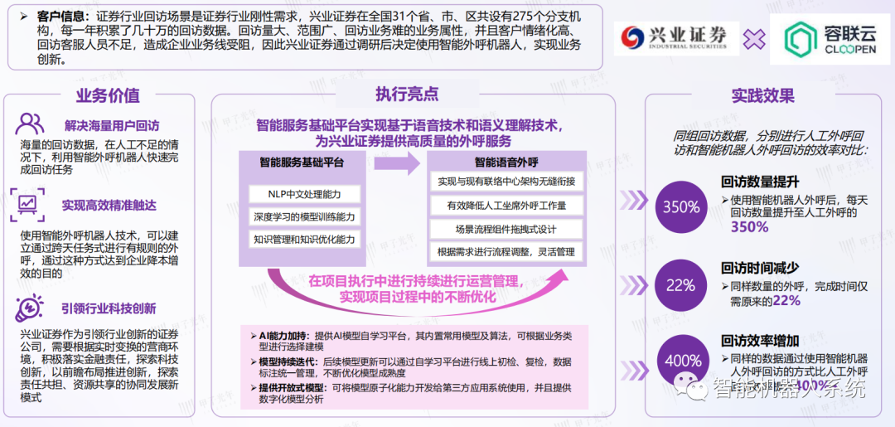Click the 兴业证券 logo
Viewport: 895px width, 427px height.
677,37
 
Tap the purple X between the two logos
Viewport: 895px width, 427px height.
754,38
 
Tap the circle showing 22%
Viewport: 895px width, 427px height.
680,285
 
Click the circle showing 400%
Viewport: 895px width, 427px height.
680,361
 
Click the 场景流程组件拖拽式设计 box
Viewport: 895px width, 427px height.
506,229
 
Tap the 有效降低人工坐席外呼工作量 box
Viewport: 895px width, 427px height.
506,205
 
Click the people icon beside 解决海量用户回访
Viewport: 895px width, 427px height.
31,124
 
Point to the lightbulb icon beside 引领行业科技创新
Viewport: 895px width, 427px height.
30,308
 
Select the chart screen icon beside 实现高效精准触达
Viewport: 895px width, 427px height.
28,203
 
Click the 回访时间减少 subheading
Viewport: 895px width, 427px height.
759,267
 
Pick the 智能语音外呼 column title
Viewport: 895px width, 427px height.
506,162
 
